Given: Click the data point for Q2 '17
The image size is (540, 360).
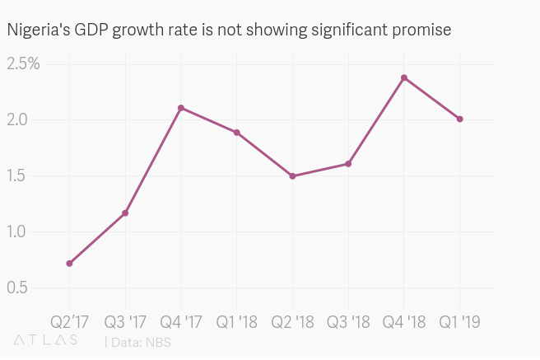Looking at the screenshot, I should pyautogui.click(x=69, y=264).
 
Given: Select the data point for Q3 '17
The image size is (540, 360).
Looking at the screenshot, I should pyautogui.click(x=125, y=213).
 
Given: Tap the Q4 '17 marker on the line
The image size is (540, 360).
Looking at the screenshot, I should pyautogui.click(x=181, y=108).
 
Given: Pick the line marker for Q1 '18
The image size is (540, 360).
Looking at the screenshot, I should pyautogui.click(x=237, y=133).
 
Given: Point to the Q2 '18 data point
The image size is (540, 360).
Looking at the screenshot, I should pyautogui.click(x=292, y=176).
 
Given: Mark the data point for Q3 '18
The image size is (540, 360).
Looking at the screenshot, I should pyautogui.click(x=348, y=164).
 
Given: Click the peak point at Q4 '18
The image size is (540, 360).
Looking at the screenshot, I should pyautogui.click(x=404, y=77).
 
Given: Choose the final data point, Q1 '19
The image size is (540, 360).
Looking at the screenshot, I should pyautogui.click(x=460, y=119).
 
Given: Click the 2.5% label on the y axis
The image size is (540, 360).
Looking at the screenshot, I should pyautogui.click(x=24, y=63).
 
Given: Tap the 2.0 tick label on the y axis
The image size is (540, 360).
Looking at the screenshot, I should pyautogui.click(x=18, y=119).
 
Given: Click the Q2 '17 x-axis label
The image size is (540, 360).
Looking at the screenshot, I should pyautogui.click(x=69, y=320).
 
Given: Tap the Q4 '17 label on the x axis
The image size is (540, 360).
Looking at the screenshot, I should pyautogui.click(x=181, y=320).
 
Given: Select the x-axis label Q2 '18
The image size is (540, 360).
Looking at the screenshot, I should pyautogui.click(x=292, y=320).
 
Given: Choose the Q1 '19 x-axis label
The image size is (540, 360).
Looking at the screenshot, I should pyautogui.click(x=460, y=320).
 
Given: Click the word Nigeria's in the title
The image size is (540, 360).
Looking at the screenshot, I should pyautogui.click(x=37, y=30).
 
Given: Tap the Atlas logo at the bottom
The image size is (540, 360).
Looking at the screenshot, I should pyautogui.click(x=46, y=339).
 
